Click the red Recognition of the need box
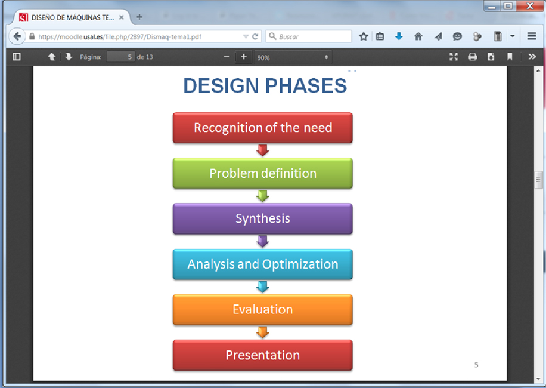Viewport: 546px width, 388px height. tap(262, 128)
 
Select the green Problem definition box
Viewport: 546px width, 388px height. tap(262, 173)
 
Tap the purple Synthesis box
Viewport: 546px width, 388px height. tap(262, 218)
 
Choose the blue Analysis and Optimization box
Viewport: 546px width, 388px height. tap(262, 264)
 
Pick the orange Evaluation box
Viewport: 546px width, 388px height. tap(262, 310)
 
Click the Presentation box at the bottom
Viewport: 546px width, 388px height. tap(262, 355)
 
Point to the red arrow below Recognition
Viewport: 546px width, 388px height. tap(262, 150)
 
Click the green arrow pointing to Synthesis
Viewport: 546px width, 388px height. tap(262, 196)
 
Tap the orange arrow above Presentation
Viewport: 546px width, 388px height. tap(262, 332)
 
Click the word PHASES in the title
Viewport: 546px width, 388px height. tap(306, 86)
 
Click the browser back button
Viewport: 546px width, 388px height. tap(17, 36)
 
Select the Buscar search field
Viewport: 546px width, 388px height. tap(309, 36)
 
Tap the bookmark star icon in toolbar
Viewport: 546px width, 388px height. tap(364, 36)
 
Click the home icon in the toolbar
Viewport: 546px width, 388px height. tap(418, 36)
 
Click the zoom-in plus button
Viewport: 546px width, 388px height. tap(244, 57)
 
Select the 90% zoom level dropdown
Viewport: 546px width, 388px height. tap(293, 57)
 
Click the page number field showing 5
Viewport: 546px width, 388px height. tap(120, 57)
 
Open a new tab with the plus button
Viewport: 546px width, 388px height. tap(139, 17)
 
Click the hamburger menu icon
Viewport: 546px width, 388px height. tap(531, 36)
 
